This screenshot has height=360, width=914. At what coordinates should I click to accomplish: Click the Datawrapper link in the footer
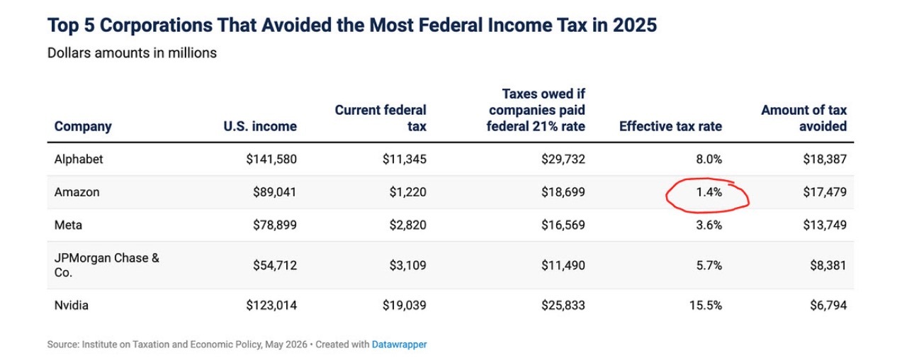pos(399,344)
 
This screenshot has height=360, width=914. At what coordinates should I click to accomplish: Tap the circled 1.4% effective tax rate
pos(709,192)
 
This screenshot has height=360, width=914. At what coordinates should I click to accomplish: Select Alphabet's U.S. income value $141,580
pos(271,159)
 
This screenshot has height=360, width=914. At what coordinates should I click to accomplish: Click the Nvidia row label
pos(72,305)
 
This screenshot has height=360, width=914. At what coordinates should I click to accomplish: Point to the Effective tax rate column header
pos(670,126)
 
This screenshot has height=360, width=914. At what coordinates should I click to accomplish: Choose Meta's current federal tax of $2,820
pos(407,225)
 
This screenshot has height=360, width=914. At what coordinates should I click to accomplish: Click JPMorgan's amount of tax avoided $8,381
pos(828,265)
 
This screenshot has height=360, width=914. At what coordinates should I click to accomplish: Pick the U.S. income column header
pos(260,126)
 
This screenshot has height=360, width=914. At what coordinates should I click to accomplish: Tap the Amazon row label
pos(77,192)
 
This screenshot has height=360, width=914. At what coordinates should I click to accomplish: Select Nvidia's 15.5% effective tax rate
pos(706,305)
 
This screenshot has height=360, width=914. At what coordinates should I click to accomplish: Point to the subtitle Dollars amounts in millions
pos(132,52)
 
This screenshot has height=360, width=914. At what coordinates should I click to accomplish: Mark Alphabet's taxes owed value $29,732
pos(563,159)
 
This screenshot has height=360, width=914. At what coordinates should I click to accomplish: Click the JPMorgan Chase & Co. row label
pos(106,265)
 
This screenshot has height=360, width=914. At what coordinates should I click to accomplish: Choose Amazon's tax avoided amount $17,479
pos(825,192)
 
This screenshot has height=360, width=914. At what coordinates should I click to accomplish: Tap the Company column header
pos(83,127)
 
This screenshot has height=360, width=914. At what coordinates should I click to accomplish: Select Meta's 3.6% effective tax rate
pos(709,225)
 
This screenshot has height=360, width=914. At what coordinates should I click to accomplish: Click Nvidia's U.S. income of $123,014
pos(271,305)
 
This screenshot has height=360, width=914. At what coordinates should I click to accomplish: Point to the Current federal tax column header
pos(380,118)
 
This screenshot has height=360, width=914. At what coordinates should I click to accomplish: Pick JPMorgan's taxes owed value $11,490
pos(563,265)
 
